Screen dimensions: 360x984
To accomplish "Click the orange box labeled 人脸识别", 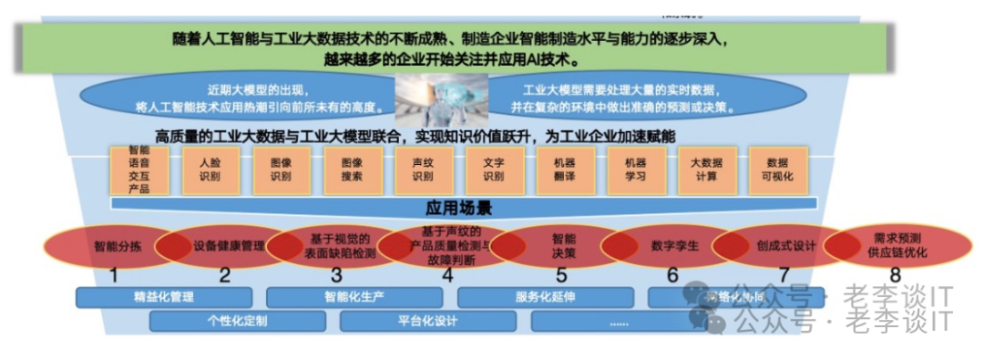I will point(210,170).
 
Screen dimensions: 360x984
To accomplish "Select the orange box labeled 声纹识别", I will point(422,170).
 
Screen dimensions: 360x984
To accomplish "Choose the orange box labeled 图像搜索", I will point(352,170).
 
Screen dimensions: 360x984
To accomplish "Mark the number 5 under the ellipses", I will point(561,275).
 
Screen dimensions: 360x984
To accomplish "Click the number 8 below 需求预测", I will point(895,275).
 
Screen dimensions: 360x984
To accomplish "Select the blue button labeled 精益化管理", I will point(164,297).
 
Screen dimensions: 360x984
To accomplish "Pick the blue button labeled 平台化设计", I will point(427,321).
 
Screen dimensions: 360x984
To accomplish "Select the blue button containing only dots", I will point(619,321).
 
